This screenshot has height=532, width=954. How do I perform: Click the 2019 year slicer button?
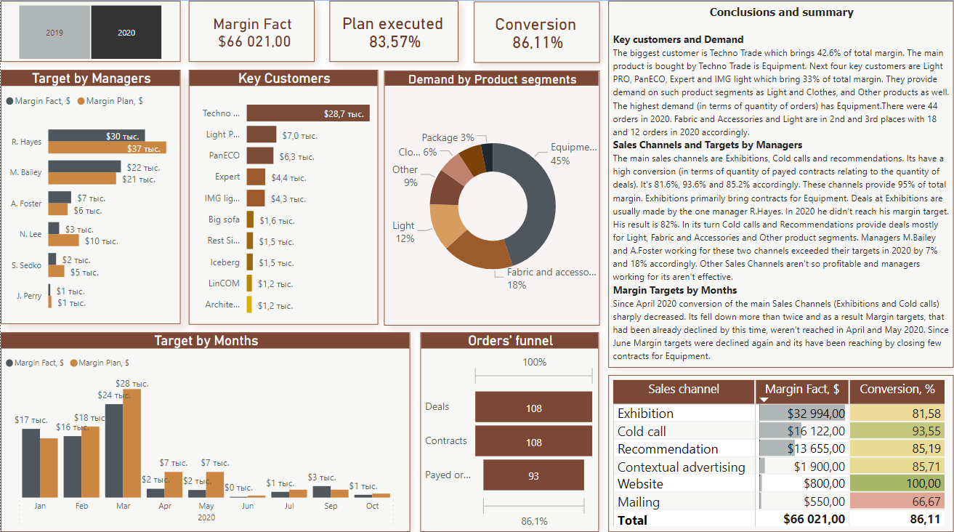[x=54, y=33]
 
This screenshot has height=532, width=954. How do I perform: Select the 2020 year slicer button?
[x=126, y=33]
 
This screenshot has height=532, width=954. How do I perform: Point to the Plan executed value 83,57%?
[x=394, y=42]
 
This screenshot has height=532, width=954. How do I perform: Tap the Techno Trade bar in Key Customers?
[x=308, y=113]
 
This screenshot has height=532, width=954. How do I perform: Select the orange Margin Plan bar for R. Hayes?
[x=108, y=148]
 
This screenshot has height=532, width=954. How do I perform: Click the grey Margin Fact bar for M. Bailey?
[x=84, y=166]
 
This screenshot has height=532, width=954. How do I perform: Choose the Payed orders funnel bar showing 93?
[x=533, y=475]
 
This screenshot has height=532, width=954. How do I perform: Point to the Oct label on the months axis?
[x=372, y=506]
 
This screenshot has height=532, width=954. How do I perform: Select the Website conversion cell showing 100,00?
[x=901, y=484]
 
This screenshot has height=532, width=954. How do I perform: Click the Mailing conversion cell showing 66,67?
[x=901, y=501]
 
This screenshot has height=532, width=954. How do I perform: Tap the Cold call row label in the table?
[x=642, y=431]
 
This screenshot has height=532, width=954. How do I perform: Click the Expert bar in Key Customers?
[x=256, y=177]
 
